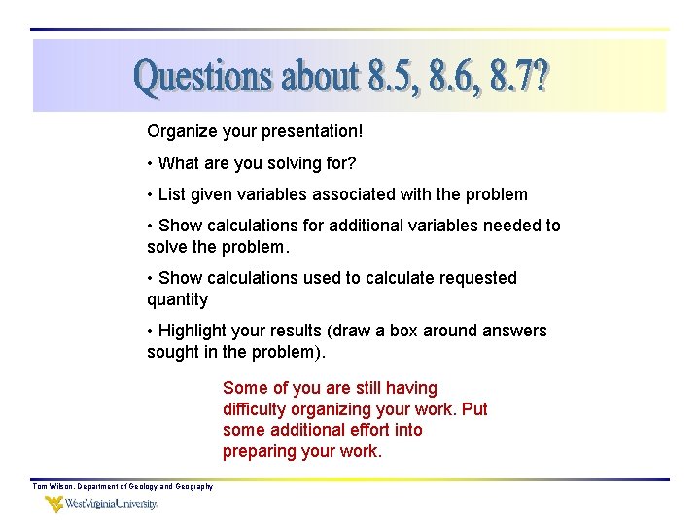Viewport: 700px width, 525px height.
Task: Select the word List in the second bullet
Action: [x=171, y=194]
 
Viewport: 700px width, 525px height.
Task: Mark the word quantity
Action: [x=177, y=299]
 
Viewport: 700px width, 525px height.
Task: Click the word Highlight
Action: [x=192, y=331]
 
